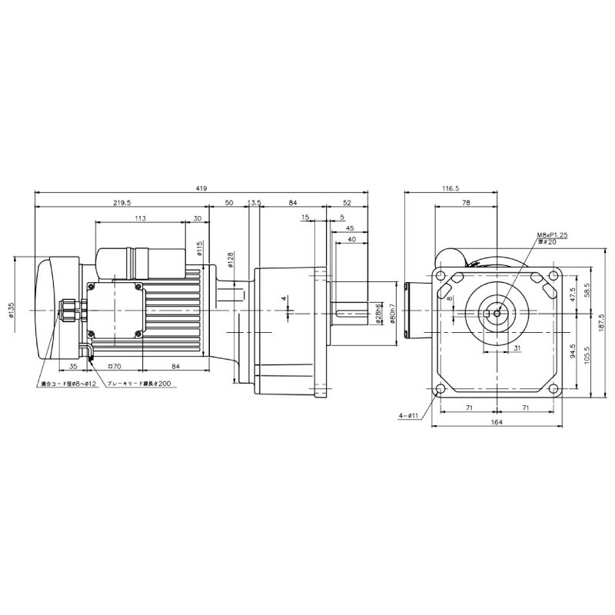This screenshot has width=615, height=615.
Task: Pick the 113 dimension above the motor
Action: (x=140, y=218)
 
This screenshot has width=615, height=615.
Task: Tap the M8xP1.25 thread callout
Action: (x=552, y=237)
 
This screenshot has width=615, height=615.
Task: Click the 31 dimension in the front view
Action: (x=496, y=348)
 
